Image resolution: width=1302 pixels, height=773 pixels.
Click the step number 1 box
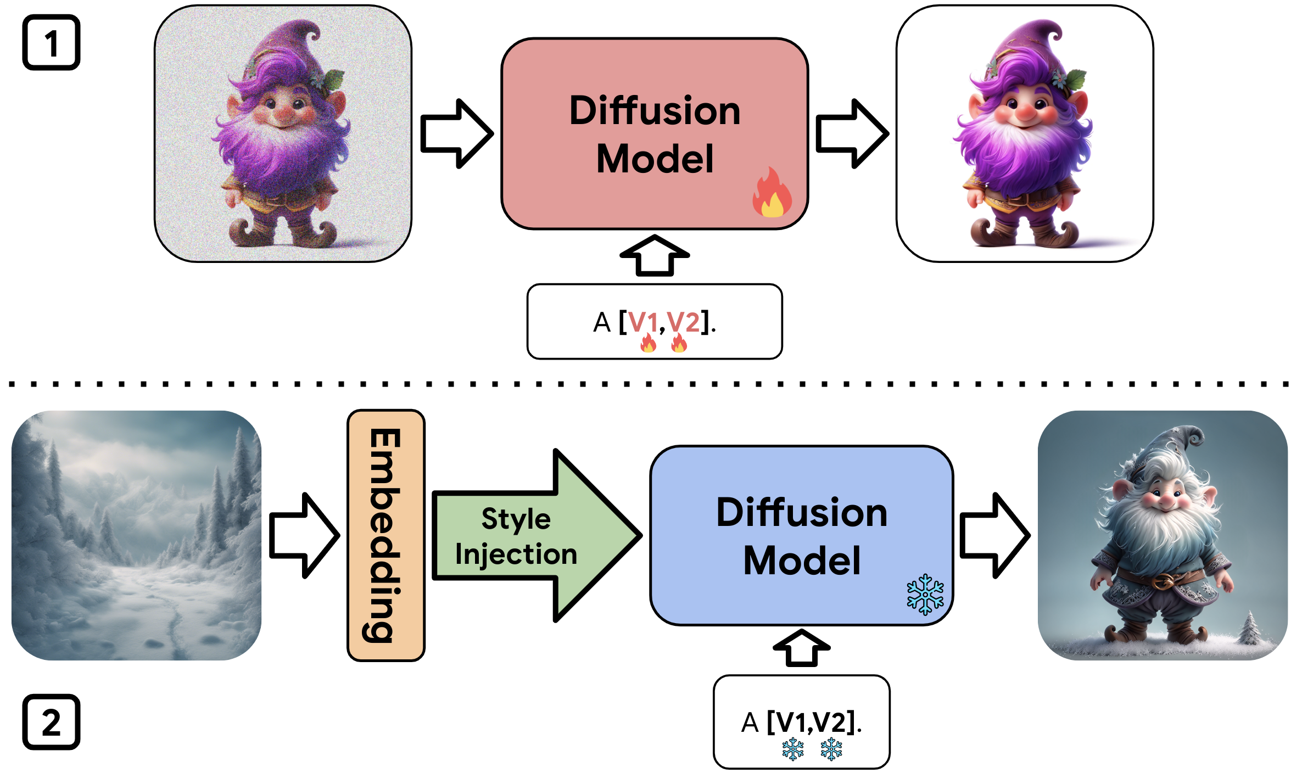click(51, 43)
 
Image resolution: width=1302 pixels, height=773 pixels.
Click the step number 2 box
click(51, 722)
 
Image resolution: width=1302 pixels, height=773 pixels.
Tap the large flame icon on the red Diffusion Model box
click(772, 193)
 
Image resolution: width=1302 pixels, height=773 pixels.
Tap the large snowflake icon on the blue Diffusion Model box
click(925, 594)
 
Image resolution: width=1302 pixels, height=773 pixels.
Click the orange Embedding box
click(386, 535)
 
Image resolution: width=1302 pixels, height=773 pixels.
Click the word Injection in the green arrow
click(516, 554)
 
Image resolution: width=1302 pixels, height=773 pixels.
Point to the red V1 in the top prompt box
click(642, 322)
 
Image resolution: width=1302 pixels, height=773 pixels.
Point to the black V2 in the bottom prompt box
click(830, 722)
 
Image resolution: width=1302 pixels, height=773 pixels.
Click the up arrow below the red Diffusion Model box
click(655, 256)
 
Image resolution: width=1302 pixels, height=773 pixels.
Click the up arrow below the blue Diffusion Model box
click(802, 648)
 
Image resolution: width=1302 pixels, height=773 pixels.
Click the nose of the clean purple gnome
click(1025, 113)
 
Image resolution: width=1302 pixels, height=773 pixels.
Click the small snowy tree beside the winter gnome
click(1251, 629)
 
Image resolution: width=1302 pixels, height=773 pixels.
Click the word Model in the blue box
click(802, 561)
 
